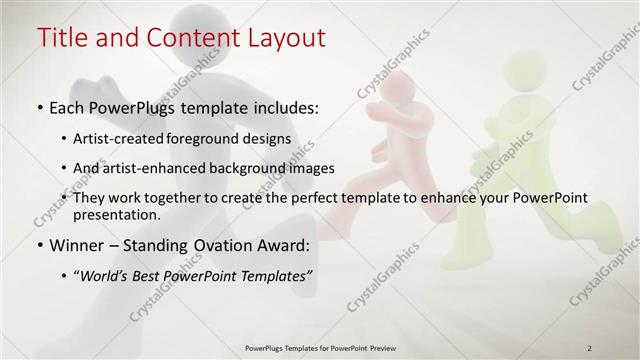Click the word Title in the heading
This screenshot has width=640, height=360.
pyautogui.click(x=63, y=38)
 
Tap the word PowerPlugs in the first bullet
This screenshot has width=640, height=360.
pyautogui.click(x=140, y=107)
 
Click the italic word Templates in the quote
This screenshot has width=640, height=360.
pyautogui.click(x=275, y=275)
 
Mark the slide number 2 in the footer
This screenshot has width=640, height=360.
pyautogui.click(x=589, y=347)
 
